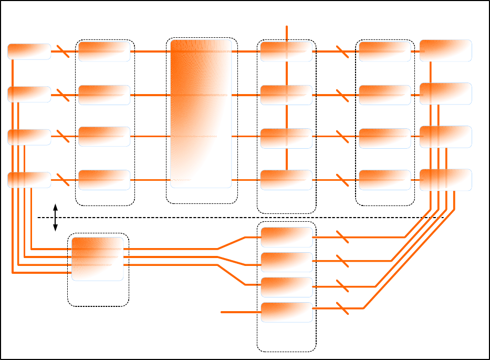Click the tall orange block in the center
click(x=201, y=113)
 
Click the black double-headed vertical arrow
click(x=55, y=217)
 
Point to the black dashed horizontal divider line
click(x=236, y=217)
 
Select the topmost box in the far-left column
click(x=29, y=52)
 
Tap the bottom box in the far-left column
click(x=29, y=180)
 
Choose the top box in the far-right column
click(x=445, y=50)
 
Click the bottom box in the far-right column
click(x=445, y=180)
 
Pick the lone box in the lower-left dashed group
click(x=98, y=259)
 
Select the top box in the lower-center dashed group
click(x=286, y=237)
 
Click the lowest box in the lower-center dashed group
click(x=286, y=312)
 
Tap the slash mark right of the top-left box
click(x=62, y=52)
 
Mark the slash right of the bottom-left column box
click(x=62, y=180)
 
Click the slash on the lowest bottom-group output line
click(x=342, y=308)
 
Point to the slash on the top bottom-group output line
click(x=342, y=237)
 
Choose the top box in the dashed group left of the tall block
click(x=104, y=52)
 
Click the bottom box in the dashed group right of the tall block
click(x=286, y=180)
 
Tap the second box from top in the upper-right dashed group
click(x=384, y=95)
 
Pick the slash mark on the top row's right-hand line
click(x=342, y=52)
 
